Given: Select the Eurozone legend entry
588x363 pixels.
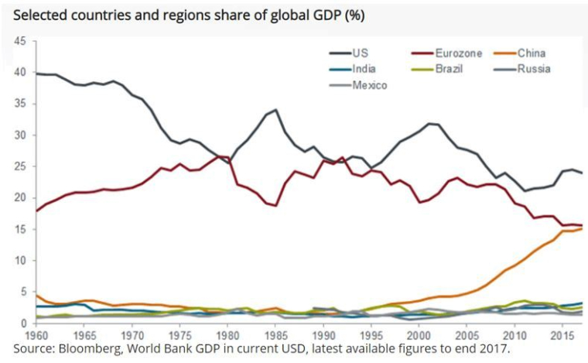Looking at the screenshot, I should point(455,53).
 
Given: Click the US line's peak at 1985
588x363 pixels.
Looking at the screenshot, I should point(275,110).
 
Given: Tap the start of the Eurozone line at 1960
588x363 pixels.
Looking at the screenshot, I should point(36,211).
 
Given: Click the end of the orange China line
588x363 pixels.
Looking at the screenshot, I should point(582,228).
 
